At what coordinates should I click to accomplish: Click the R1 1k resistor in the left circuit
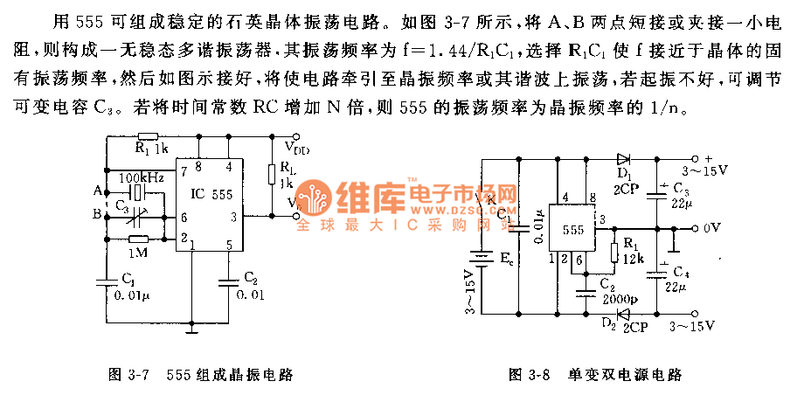pyautogui.click(x=148, y=137)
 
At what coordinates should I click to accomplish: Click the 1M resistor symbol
pyautogui.click(x=136, y=238)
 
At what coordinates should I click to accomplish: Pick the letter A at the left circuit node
pyautogui.click(x=96, y=191)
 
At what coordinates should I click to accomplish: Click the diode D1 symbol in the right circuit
pyautogui.click(x=623, y=159)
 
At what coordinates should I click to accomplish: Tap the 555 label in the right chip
pyautogui.click(x=573, y=230)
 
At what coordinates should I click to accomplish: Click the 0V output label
pyautogui.click(x=711, y=228)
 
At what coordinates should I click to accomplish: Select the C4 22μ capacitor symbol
pyautogui.click(x=656, y=271)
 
